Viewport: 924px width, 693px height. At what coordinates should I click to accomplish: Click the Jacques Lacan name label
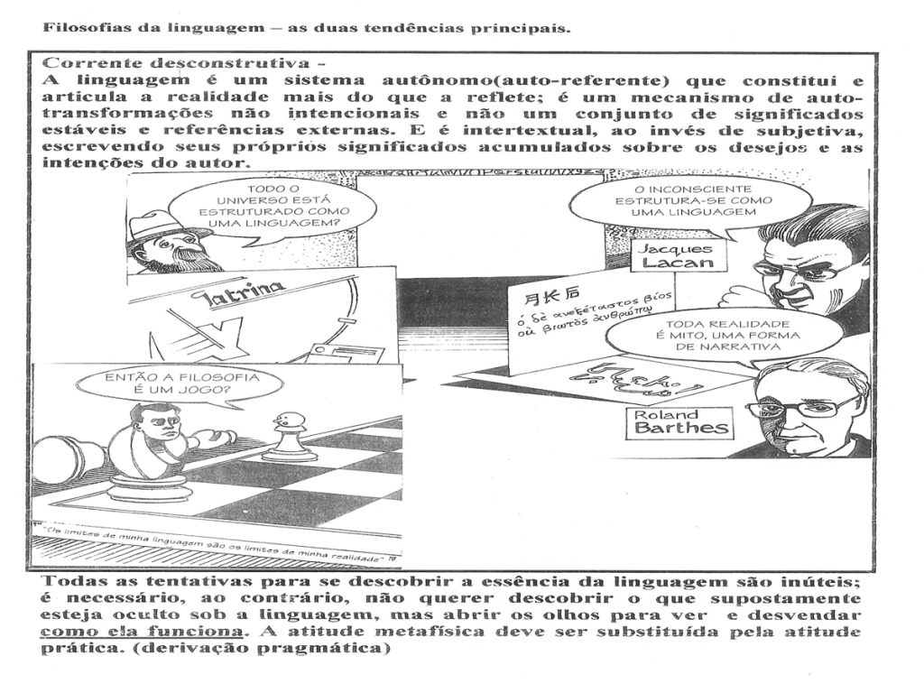pos(670,256)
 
